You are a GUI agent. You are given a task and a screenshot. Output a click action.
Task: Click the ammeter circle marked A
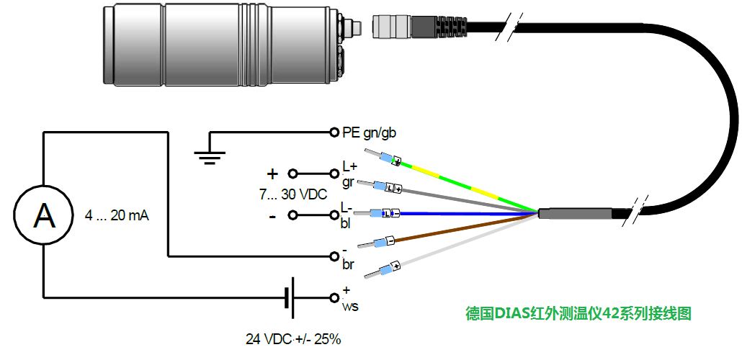44,215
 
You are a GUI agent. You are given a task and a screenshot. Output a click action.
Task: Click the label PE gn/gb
369,132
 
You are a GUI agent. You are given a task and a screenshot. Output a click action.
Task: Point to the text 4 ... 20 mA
116,215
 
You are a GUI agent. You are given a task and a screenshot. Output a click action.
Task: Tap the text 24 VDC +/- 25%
292,338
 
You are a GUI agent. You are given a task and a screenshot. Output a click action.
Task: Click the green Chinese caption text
578,314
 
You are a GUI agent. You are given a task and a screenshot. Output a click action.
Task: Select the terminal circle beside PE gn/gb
334,132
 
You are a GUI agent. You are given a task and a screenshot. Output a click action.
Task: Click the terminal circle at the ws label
334,297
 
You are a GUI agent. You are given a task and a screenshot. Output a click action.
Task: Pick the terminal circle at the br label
334,256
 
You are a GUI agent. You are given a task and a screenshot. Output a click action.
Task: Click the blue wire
468,214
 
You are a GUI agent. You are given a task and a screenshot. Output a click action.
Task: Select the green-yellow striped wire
468,185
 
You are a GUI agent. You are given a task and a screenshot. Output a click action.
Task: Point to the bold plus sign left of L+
272,174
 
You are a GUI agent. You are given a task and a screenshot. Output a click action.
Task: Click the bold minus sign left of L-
272,215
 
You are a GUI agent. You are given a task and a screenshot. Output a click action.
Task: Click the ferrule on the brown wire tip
385,241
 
